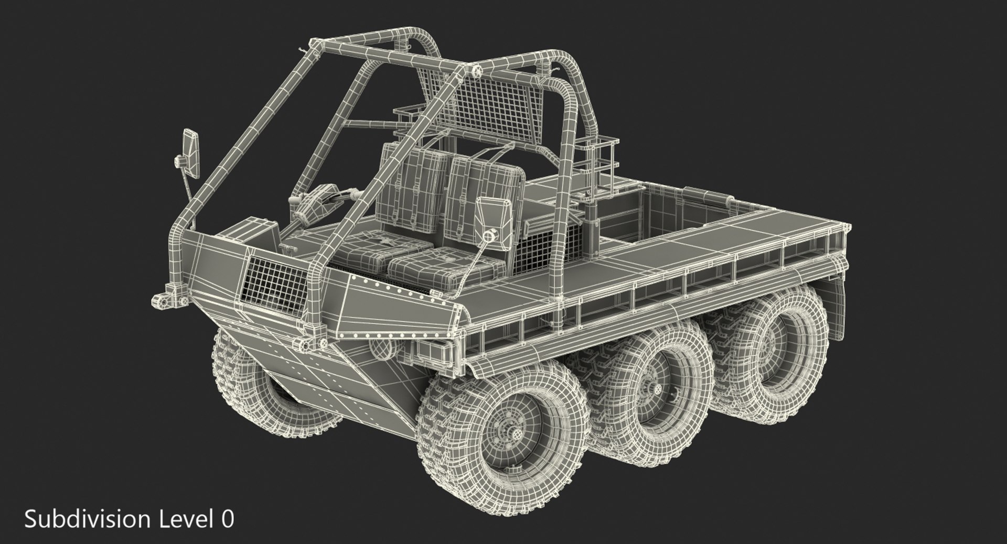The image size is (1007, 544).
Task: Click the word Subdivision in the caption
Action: point(87,519)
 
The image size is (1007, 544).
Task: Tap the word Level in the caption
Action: point(180,519)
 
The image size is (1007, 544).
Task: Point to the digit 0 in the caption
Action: point(227,519)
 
